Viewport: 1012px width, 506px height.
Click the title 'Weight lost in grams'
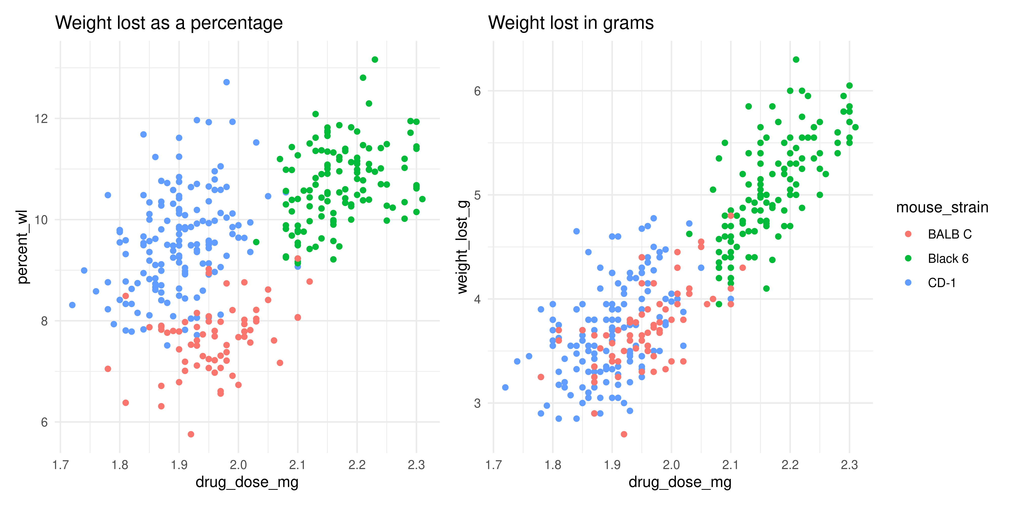(571, 23)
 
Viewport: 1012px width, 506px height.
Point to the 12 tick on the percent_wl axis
(41, 119)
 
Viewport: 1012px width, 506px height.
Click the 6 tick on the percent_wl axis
(44, 422)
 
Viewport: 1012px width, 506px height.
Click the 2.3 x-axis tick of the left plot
(416, 465)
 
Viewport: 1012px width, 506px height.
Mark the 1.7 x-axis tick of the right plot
(493, 465)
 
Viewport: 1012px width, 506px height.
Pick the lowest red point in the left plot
(191, 434)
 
